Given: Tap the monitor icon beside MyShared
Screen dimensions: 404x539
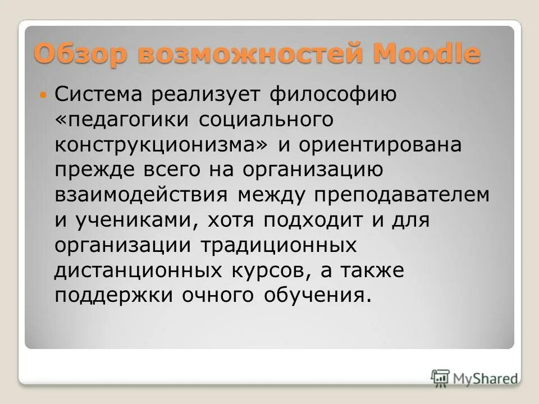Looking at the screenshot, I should [x=441, y=378].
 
